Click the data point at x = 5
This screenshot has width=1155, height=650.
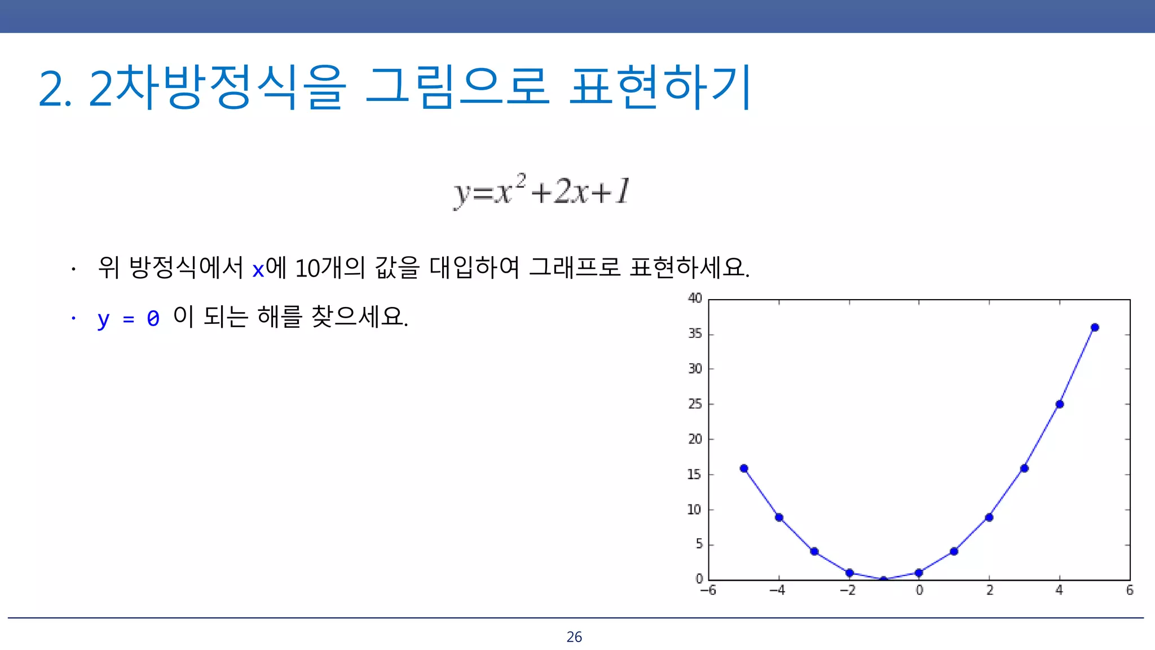click(1095, 327)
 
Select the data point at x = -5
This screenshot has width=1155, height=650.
click(744, 468)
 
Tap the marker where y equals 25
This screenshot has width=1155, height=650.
click(1060, 404)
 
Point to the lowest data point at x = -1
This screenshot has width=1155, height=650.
click(884, 579)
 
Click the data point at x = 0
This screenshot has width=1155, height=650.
click(919, 573)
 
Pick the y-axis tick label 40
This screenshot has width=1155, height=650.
click(695, 298)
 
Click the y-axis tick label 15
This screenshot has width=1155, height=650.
click(695, 475)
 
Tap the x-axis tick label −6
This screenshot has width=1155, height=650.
click(708, 590)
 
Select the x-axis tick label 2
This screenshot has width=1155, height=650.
click(990, 590)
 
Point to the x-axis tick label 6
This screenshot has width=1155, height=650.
click(1130, 590)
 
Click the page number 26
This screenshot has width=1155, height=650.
click(574, 637)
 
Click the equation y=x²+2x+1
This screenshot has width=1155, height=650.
click(541, 191)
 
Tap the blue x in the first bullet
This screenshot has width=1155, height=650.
click(258, 270)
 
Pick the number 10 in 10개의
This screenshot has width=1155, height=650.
click(307, 268)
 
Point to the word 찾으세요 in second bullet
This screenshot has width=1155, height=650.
click(359, 317)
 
